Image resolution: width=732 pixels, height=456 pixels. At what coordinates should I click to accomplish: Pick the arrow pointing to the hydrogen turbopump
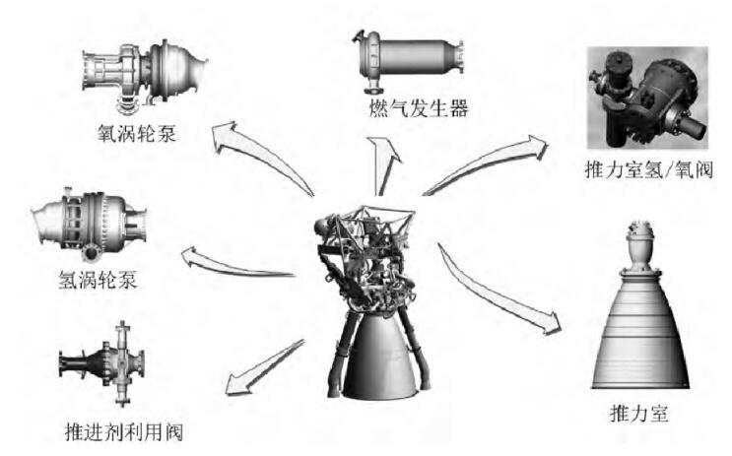[x=236, y=264]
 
